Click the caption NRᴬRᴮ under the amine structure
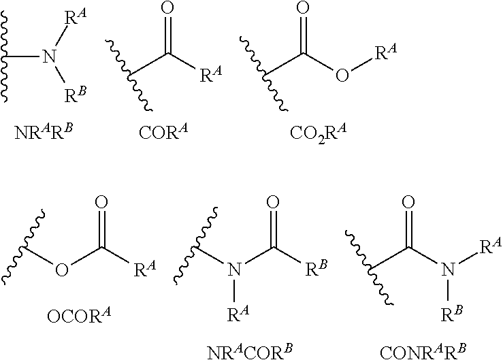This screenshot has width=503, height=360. [44, 131]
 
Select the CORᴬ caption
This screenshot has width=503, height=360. [163, 131]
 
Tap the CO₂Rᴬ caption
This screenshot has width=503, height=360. [319, 133]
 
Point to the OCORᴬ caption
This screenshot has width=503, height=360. [79, 316]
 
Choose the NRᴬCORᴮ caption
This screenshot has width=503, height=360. [250, 353]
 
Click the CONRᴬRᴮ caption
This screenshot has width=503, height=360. [423, 353]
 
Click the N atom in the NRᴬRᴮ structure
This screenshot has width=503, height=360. [49, 56]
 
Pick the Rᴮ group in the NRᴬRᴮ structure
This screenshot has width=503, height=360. [76, 95]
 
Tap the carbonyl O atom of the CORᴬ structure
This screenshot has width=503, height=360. [167, 9]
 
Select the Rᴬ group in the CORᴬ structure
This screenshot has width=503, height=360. [211, 74]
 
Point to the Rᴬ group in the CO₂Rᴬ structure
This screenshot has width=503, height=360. [386, 52]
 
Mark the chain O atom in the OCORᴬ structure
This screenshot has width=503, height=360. [62, 269]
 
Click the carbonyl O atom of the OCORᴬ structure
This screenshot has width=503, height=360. [101, 203]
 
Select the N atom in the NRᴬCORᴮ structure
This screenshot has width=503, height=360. [235, 269]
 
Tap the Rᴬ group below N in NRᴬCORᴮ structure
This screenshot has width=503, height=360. [238, 314]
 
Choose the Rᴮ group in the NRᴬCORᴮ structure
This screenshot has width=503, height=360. [317, 269]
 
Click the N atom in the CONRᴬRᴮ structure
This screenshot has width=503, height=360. [448, 269]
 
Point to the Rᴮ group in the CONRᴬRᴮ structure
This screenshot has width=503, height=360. [452, 314]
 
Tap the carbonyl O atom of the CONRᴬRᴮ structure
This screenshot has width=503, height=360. [408, 203]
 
